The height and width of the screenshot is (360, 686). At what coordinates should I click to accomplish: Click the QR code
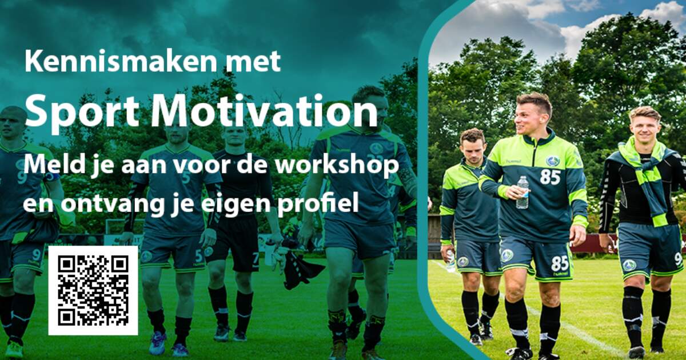93,290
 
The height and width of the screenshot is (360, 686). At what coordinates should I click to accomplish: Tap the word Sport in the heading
83,111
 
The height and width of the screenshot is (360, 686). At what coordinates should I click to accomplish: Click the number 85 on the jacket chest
550,177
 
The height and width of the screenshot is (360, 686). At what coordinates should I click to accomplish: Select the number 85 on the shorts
560,263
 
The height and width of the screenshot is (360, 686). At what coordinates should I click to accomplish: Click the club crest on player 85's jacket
552,161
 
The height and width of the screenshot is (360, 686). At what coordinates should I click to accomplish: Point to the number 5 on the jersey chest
186,178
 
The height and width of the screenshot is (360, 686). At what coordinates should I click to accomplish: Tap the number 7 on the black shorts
256,258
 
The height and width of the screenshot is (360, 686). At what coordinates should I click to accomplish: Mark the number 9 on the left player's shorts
36,254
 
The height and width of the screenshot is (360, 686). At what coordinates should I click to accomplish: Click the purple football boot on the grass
157,343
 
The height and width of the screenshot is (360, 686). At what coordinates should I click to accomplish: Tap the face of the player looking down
473,151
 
